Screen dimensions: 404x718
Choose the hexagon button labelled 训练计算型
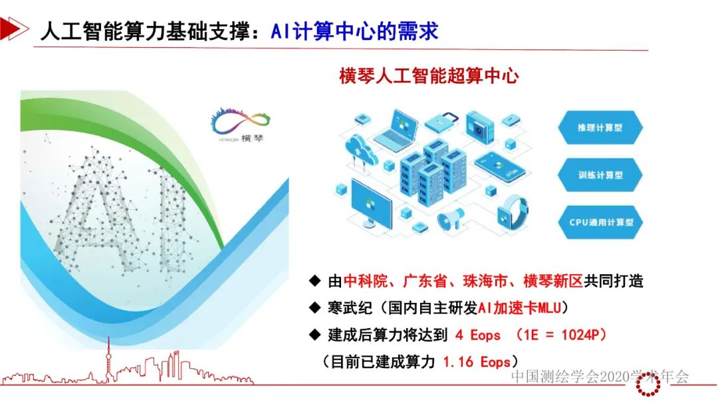(600, 176)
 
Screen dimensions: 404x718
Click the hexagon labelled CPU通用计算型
(600, 223)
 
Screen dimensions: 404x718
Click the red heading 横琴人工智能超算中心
(429, 76)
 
